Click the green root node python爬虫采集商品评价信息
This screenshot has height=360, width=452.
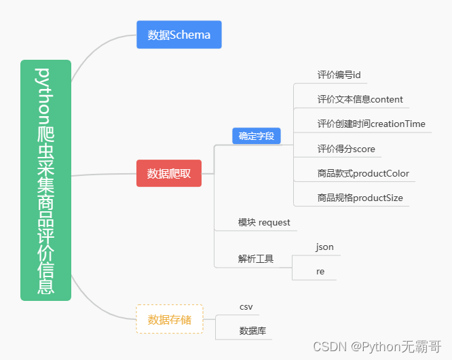45,180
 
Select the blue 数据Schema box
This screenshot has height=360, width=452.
179,35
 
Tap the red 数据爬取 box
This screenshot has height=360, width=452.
169,173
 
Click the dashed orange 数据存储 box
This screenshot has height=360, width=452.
170,319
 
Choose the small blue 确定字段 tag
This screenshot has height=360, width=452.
257,136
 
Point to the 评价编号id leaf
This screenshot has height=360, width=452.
334,75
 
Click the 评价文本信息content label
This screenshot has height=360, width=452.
360,99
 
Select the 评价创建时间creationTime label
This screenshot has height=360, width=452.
371,124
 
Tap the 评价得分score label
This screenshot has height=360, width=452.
346,149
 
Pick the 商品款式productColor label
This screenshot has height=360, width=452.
363,173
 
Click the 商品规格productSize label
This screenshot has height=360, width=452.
360,198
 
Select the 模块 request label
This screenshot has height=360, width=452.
264,222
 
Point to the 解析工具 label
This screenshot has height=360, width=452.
255,259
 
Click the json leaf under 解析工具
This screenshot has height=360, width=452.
324,247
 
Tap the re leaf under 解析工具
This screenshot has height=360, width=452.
320,271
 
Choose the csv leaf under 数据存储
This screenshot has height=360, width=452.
246,307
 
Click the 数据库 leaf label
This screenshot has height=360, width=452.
252,331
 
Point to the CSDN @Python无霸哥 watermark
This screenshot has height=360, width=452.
377,346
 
